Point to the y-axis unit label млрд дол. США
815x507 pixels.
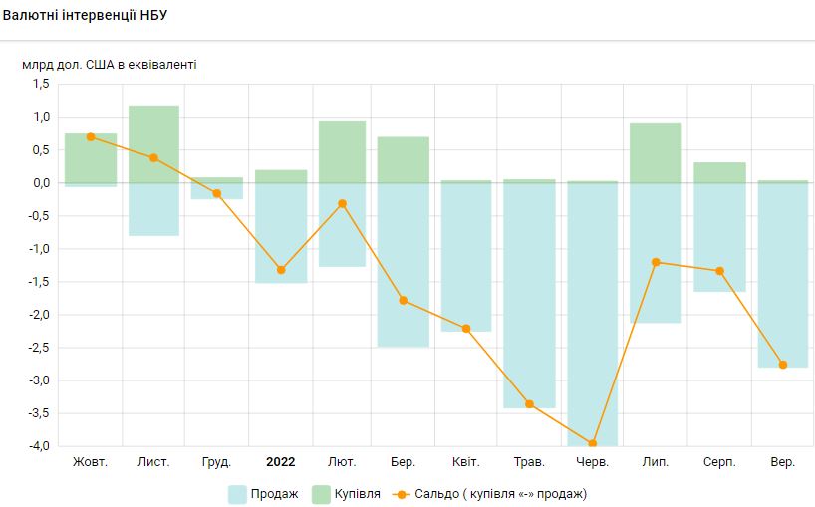[x=110, y=65]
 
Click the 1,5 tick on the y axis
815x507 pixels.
[x=40, y=85]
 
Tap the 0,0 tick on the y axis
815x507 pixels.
[x=40, y=183]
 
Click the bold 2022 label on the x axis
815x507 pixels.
[x=280, y=462]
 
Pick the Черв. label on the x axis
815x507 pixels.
[x=593, y=462]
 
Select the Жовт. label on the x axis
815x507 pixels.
[x=91, y=462]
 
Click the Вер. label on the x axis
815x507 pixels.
[x=783, y=462]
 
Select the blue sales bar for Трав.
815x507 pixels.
[x=530, y=299]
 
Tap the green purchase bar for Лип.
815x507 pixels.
[x=656, y=152]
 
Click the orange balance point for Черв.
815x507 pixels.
[x=593, y=444]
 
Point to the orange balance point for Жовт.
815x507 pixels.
[x=91, y=137]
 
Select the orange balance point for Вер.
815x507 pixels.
[x=783, y=365]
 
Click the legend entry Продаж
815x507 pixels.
[x=263, y=493]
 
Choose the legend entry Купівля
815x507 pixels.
[x=346, y=493]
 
